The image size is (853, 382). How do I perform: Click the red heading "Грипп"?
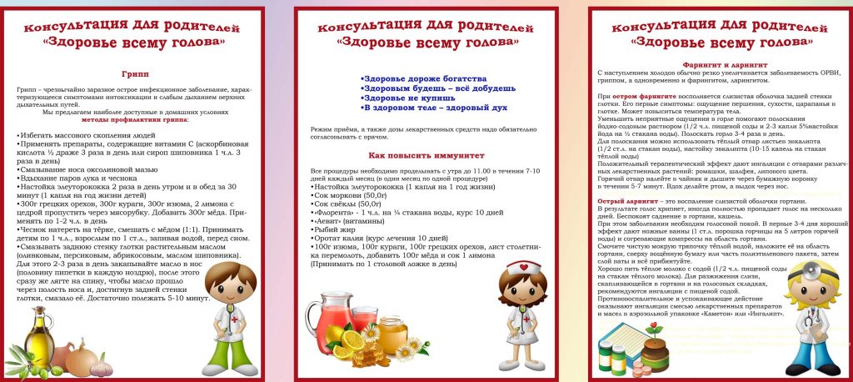[135, 73]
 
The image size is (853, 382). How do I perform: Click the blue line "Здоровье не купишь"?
[407, 98]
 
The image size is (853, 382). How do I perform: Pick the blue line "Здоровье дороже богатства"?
[423, 77]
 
